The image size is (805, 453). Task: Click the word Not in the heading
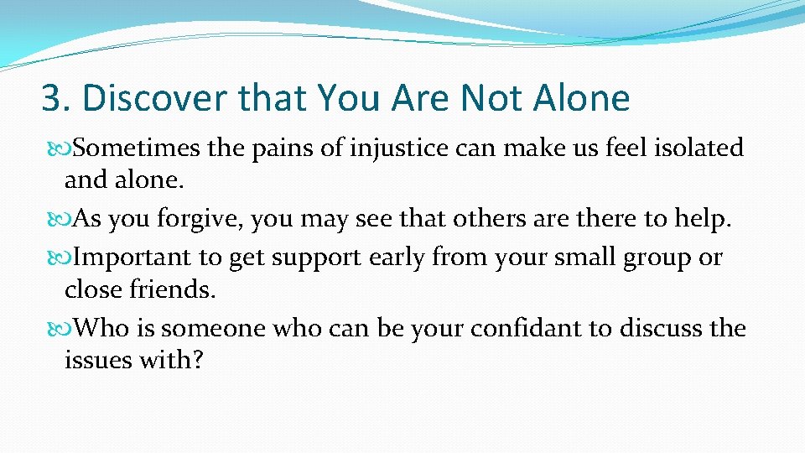pos(487,99)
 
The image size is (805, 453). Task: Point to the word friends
pos(176,290)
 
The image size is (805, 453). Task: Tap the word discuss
pos(660,328)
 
